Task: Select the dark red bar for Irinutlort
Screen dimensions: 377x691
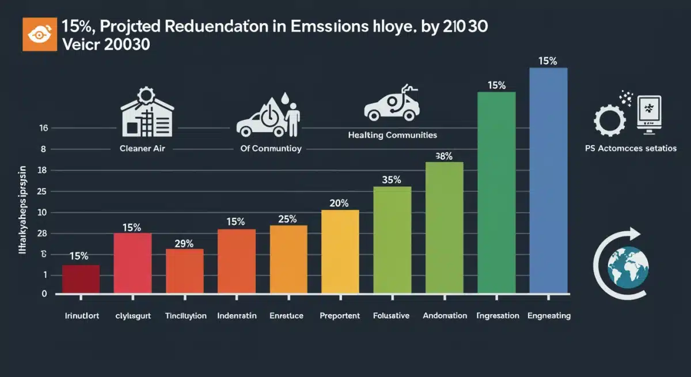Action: click(x=81, y=279)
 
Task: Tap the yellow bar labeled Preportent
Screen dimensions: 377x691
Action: click(x=340, y=251)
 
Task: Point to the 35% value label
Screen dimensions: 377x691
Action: click(x=392, y=180)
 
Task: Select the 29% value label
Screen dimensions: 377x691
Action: click(x=184, y=243)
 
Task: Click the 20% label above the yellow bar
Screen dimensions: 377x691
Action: click(x=339, y=203)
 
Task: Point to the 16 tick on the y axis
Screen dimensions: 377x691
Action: click(x=43, y=129)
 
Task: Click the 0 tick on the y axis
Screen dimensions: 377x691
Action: click(x=44, y=294)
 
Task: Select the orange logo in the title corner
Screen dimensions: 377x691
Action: click(x=36, y=34)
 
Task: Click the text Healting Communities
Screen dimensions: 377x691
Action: click(x=392, y=135)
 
